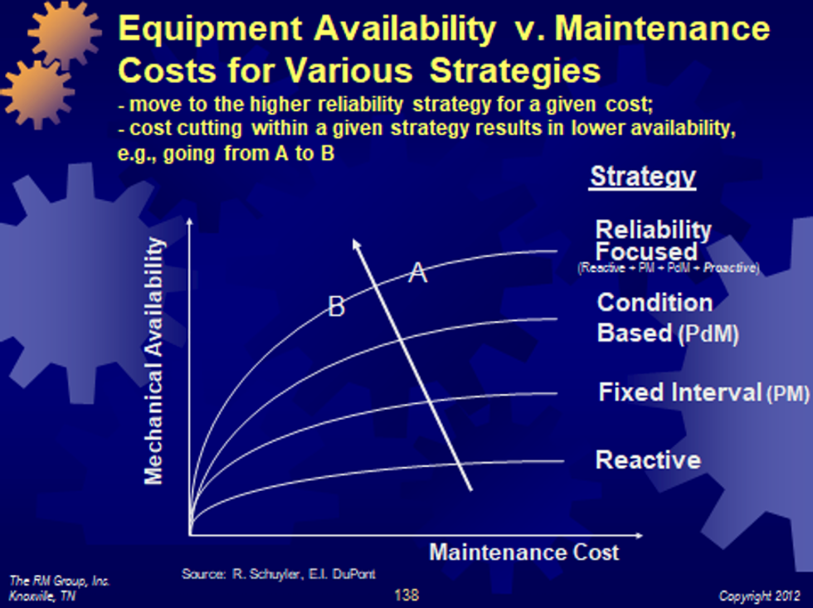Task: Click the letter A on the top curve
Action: click(x=418, y=271)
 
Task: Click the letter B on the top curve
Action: click(x=336, y=308)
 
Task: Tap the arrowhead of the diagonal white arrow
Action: click(x=356, y=245)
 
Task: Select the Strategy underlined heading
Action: click(x=642, y=177)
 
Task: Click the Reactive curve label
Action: click(x=648, y=460)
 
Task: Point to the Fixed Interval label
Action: click(x=679, y=392)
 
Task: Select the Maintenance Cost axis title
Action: click(x=523, y=552)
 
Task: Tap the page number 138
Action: click(x=406, y=595)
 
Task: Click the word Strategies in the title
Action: click(x=515, y=71)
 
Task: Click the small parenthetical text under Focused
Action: click(x=668, y=269)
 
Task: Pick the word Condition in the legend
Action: click(x=655, y=302)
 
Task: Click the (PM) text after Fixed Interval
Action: click(x=786, y=394)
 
